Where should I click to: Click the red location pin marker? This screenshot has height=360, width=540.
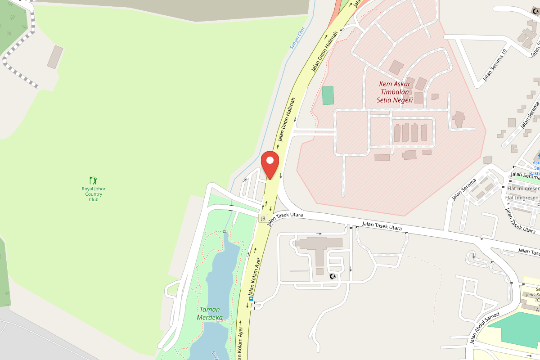[x=270, y=164]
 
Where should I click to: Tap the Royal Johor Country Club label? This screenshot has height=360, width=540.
[x=94, y=194]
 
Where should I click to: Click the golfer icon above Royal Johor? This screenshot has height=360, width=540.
[x=93, y=180]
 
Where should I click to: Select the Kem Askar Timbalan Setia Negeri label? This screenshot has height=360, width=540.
[x=395, y=92]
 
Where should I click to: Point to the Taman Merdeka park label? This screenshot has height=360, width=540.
[x=210, y=313]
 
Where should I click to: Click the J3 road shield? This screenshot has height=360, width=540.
[x=263, y=218]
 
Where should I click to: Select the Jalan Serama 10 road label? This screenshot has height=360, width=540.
[x=495, y=65]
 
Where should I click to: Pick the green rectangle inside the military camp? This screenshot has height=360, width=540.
[x=328, y=95]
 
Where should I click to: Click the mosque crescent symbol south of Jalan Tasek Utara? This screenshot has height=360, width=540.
[x=333, y=276]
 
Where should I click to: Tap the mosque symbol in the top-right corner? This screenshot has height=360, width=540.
[x=535, y=11]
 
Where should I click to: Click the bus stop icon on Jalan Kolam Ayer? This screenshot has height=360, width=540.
[x=251, y=298]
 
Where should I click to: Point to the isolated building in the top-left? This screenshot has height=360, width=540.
[x=55, y=57]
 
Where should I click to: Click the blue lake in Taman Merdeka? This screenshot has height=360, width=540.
[x=220, y=283]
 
